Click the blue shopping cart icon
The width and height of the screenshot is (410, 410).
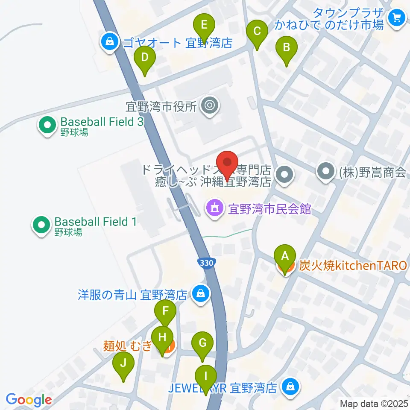click(397, 18)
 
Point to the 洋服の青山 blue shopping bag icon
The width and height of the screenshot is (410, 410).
click(199, 293)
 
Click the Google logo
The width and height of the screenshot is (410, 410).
click(29, 400)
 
